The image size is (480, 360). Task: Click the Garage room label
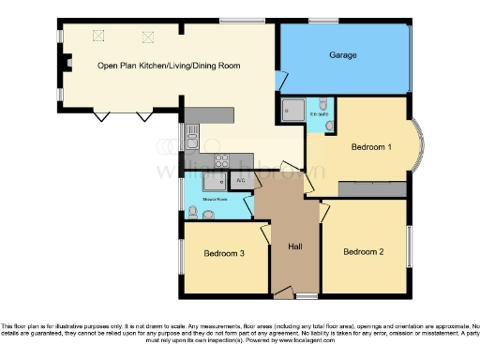pos(342,55)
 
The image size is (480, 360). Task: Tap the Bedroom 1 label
pos(371,147)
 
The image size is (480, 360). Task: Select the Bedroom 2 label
pos(363,251)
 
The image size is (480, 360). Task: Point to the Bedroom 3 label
pos(224,253)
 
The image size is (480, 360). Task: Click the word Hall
pos(294,246)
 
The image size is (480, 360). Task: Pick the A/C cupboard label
pos(241,179)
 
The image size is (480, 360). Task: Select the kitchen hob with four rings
pos(223,160)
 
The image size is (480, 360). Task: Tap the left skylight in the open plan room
pos(97,36)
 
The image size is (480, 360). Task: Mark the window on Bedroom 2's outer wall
pos(410,243)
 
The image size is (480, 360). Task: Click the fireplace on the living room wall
pos(67,64)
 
